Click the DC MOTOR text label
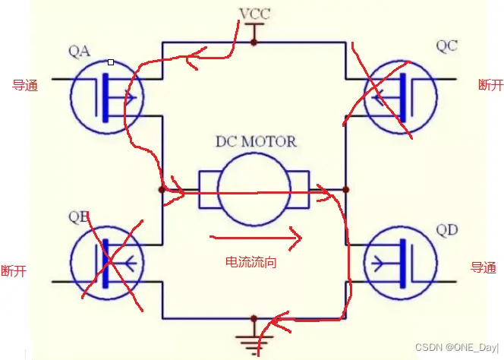pyautogui.click(x=256, y=142)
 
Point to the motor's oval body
pyautogui.click(x=254, y=188)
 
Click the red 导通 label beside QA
pyautogui.click(x=25, y=85)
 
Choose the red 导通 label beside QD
pyautogui.click(x=483, y=267)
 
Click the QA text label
pyautogui.click(x=79, y=52)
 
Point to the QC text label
pyautogui.click(x=447, y=46)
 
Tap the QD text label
pyautogui.click(x=448, y=230)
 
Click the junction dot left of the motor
pyautogui.click(x=162, y=189)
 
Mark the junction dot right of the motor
pyautogui.click(x=345, y=189)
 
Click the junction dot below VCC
pyautogui.click(x=254, y=43)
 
